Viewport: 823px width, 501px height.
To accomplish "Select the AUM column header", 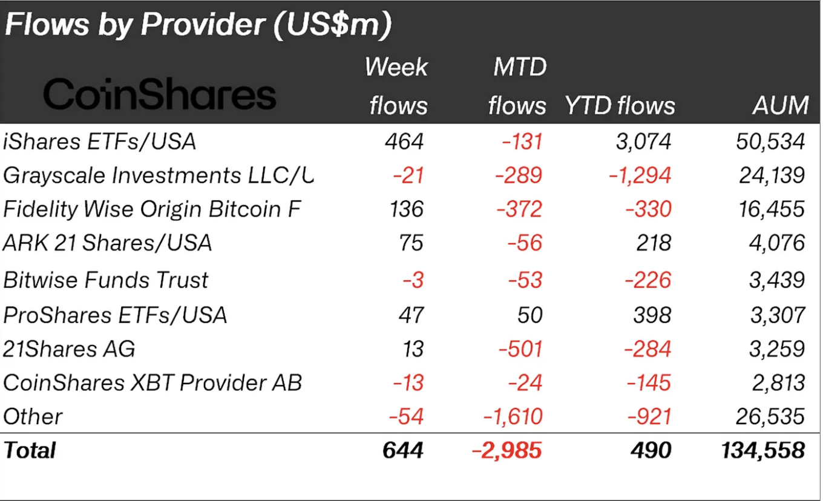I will click(x=781, y=106).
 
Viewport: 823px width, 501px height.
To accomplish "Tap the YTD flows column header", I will click(x=620, y=106).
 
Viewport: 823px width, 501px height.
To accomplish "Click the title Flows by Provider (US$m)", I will click(x=198, y=25).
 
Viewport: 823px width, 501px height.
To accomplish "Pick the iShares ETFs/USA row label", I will click(x=100, y=142).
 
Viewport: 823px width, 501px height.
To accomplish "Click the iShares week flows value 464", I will click(x=404, y=142).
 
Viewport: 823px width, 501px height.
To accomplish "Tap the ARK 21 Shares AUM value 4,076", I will click(x=777, y=243).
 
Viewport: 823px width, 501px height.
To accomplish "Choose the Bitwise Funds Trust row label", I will click(x=106, y=280).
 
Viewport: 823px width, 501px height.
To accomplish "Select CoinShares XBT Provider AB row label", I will click(x=152, y=382).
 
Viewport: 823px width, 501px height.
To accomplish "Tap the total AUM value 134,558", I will click(x=764, y=451).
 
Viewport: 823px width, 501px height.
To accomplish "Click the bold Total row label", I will click(x=30, y=451).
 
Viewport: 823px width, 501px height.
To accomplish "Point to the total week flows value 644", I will click(x=403, y=451).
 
